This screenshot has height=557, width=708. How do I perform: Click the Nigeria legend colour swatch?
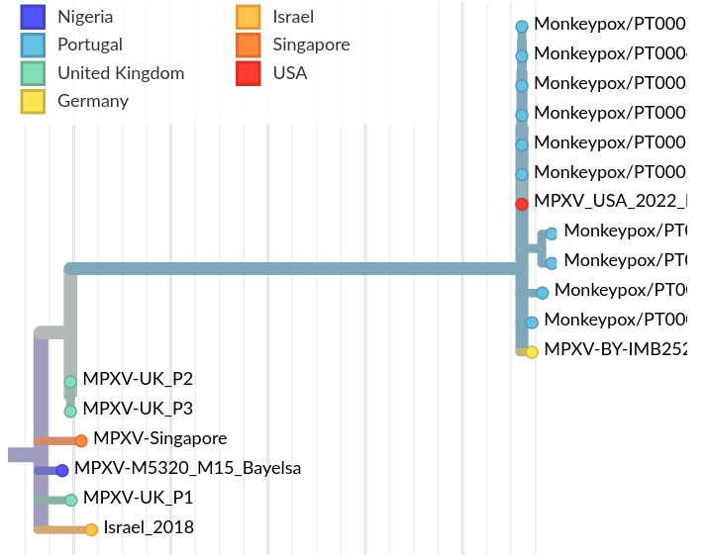click(33, 17)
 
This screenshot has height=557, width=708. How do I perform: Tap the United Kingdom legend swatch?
click(33, 72)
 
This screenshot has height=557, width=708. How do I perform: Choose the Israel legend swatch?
click(248, 17)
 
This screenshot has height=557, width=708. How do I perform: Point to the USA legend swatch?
click(248, 72)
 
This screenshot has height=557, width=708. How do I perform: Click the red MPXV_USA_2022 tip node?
click(522, 204)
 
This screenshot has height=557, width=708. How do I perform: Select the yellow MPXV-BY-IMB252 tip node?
click(532, 351)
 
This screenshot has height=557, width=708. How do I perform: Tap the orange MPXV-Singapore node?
click(81, 440)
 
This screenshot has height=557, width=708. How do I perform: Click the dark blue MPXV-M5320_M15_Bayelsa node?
click(62, 471)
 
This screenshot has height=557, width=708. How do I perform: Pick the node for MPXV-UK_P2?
click(70, 382)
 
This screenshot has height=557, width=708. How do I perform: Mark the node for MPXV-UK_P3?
click(70, 411)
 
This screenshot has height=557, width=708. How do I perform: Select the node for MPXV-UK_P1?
click(71, 500)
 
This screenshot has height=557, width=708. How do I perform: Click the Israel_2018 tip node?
click(91, 529)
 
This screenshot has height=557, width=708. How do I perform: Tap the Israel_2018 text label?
click(149, 527)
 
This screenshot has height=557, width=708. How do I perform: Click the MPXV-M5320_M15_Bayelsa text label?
click(187, 468)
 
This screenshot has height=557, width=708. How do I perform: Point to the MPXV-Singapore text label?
click(159, 438)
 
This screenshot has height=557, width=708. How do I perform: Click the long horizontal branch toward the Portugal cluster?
click(297, 268)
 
